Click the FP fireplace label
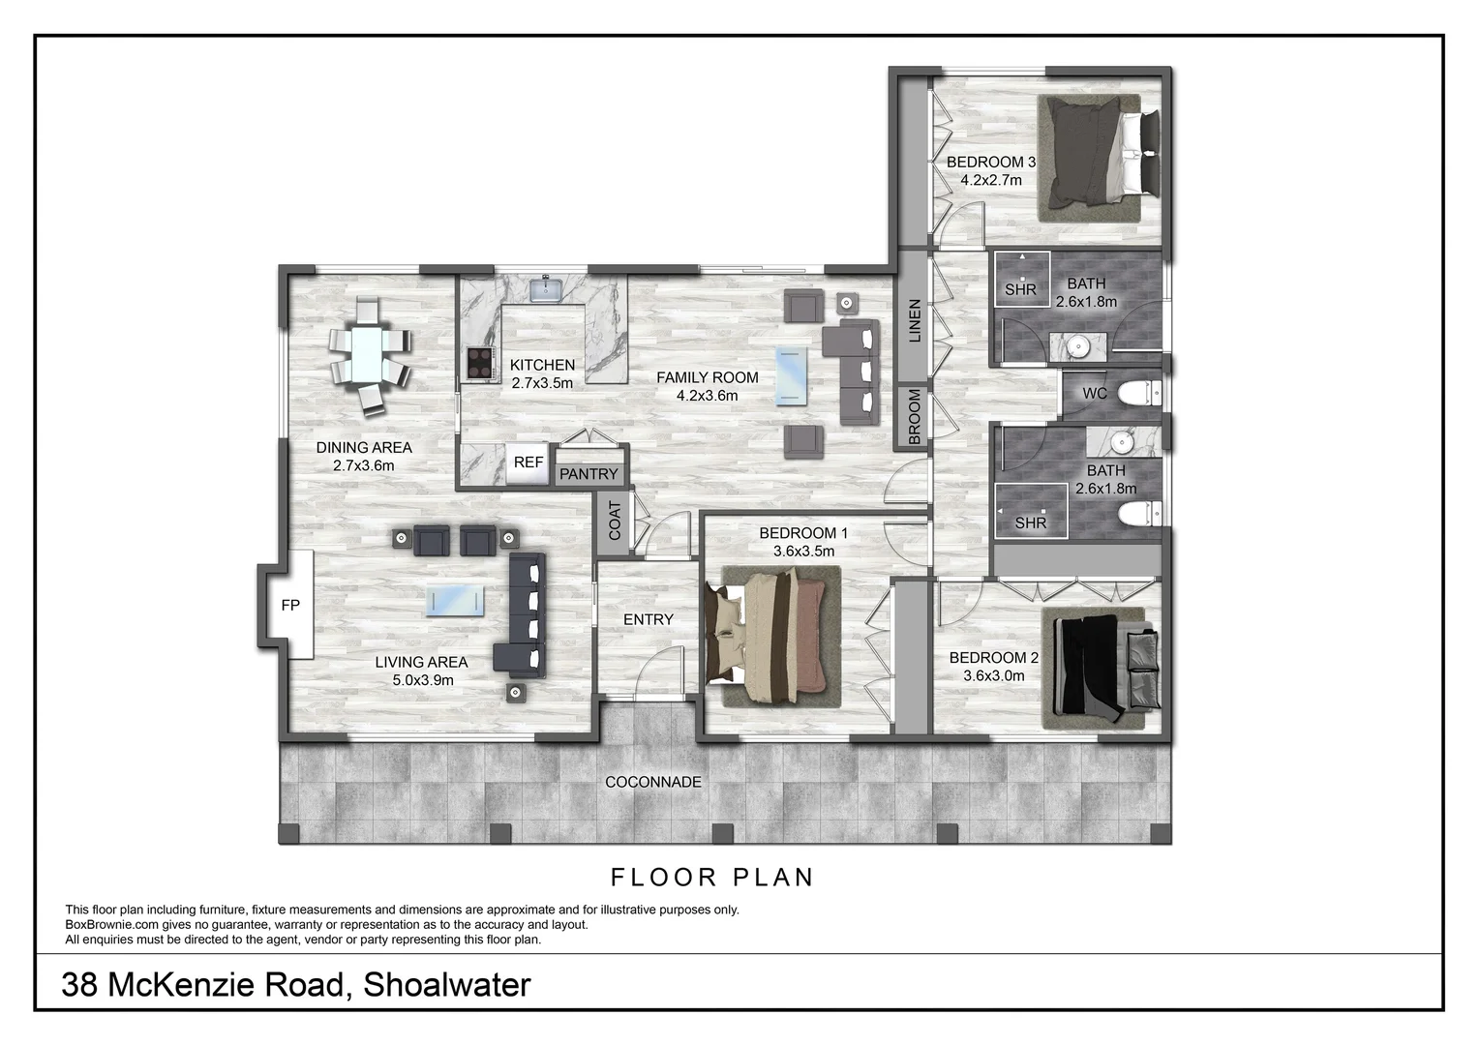click(x=290, y=606)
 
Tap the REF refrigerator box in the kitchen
click(x=528, y=463)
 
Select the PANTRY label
click(x=588, y=474)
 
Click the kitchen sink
click(x=547, y=288)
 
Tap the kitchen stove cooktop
click(x=479, y=362)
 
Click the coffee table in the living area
click(x=455, y=600)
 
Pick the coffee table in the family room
click(x=793, y=375)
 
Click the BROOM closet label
click(x=914, y=417)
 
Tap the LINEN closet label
click(x=914, y=320)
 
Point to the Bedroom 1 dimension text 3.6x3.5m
click(x=803, y=552)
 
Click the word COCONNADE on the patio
click(x=652, y=782)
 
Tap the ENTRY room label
click(x=648, y=619)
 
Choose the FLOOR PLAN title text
click(x=711, y=878)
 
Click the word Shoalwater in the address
click(x=446, y=985)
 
